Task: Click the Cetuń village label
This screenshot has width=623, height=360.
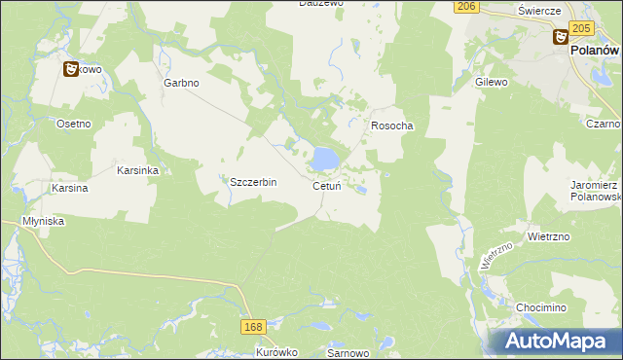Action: click(326, 186)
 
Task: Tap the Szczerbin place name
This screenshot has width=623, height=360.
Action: click(253, 182)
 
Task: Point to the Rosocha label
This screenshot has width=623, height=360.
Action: click(392, 126)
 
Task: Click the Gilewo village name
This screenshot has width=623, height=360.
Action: click(492, 83)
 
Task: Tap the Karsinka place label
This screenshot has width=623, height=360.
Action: click(137, 169)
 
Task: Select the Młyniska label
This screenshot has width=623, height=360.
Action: click(43, 221)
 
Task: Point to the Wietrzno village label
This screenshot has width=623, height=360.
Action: click(547, 235)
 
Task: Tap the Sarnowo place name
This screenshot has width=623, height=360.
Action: click(348, 353)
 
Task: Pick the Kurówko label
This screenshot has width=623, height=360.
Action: click(276, 353)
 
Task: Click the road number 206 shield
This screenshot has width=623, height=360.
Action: click(467, 7)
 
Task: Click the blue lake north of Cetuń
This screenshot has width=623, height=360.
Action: click(324, 157)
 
